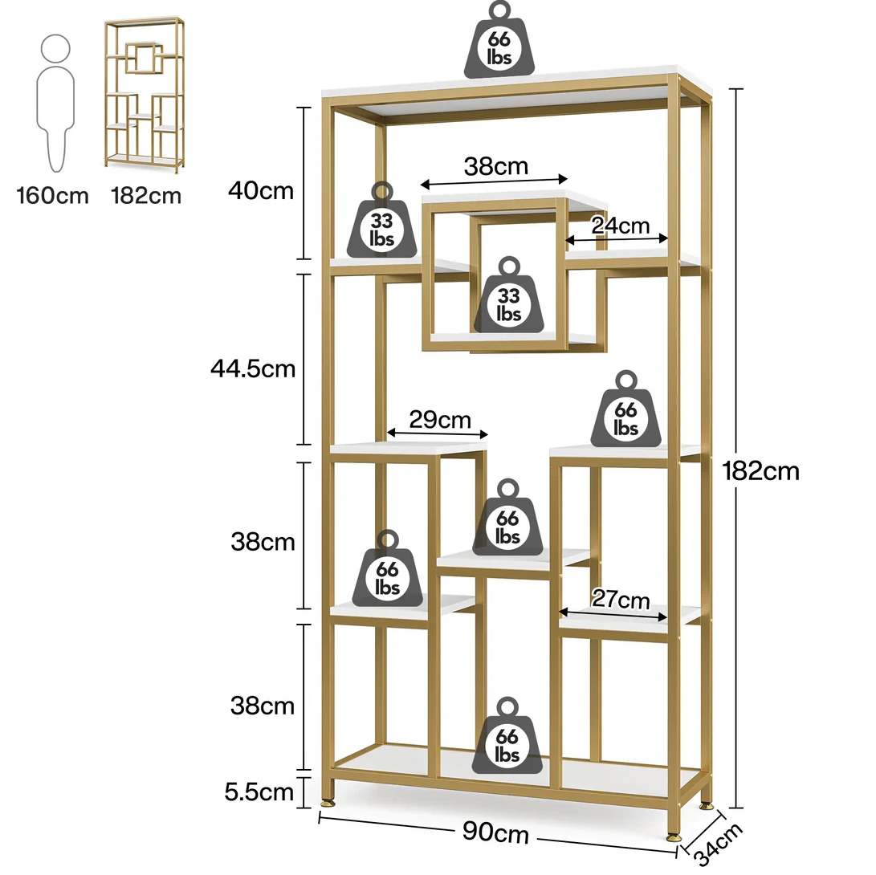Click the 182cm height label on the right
760,471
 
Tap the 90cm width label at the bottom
495,832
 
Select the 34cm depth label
719,844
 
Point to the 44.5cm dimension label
253,368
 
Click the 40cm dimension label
261,191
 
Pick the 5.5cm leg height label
259,792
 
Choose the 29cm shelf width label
440,419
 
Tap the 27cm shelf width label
621,599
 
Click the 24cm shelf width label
620,226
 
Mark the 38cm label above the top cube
496,166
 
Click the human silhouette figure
55,104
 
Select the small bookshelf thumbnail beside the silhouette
145,95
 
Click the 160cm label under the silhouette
52,196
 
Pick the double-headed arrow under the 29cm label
438,433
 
